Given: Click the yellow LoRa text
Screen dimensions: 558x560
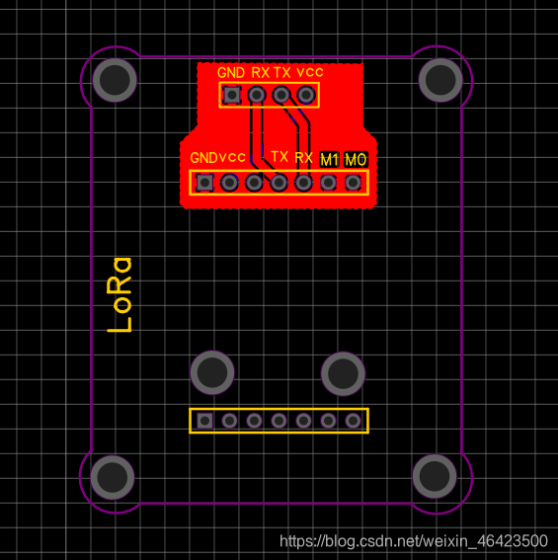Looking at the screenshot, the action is [120, 295].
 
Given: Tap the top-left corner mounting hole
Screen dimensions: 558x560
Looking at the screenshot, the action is [115, 80].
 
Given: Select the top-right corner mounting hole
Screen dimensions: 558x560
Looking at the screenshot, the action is [440, 80].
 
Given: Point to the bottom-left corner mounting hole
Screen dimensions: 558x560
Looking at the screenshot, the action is [113, 477].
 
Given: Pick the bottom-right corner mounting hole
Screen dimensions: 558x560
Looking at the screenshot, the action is [435, 476].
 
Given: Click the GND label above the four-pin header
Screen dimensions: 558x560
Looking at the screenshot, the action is [231, 73].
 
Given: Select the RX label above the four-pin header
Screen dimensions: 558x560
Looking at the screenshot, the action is [260, 73].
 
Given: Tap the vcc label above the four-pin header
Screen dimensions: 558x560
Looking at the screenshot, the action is [310, 73].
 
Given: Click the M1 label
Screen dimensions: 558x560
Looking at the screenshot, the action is [329, 160].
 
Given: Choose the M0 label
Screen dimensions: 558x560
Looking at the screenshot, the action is [356, 160].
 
